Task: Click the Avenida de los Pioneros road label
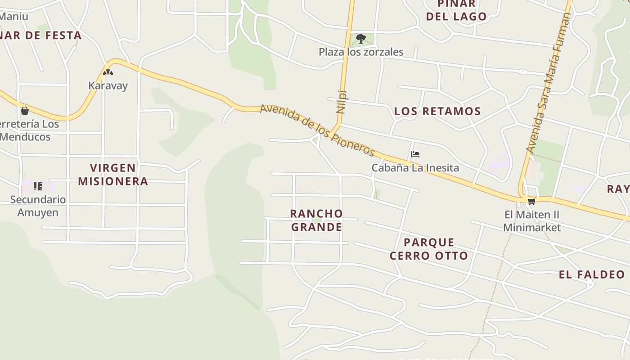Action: coord(317,130)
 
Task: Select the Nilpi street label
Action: coord(341,102)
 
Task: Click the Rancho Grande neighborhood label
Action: coord(316,220)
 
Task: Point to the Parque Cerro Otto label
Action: coord(429,249)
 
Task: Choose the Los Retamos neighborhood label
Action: coord(437,111)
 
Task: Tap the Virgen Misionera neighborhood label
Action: coord(113,175)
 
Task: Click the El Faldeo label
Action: coord(592,274)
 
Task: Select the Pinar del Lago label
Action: coord(456,10)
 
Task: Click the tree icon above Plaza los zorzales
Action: coord(360,38)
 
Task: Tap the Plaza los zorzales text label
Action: coord(361,52)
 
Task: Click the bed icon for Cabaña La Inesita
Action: coord(415,154)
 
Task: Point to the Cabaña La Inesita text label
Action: coord(415,168)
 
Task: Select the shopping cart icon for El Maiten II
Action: coord(531,201)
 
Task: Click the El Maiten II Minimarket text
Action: coord(532,220)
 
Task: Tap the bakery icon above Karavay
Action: coord(108,72)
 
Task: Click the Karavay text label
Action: coord(108,85)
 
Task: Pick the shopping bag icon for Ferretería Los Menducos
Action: coord(25,110)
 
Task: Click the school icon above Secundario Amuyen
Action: coord(38,186)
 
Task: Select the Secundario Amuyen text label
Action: coord(38,206)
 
